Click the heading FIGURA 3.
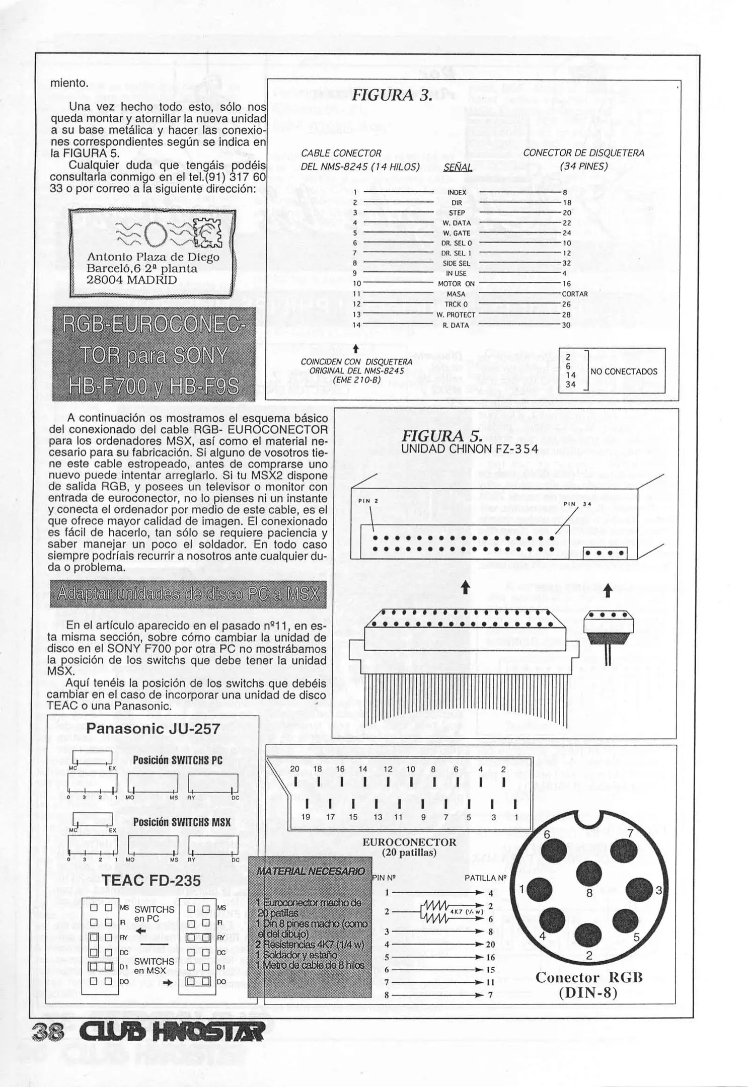coord(391,95)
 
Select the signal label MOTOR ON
coord(456,284)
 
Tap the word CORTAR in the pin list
coord(575,294)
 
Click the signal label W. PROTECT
coord(456,315)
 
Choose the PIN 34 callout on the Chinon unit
coord(577,504)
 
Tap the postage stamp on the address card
coord(207,232)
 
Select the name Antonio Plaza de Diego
coord(153,257)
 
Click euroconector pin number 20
coord(294,769)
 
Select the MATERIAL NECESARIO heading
coord(311,871)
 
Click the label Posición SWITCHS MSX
coord(182,822)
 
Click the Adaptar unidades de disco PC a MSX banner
coord(188,594)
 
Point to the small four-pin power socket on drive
coord(605,553)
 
